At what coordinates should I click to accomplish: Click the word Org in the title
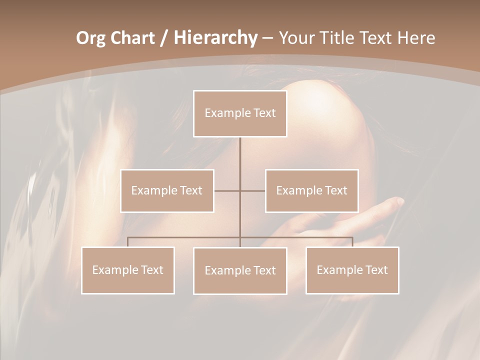90,38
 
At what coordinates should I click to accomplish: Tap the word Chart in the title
130,38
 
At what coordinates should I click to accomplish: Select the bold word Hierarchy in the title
215,38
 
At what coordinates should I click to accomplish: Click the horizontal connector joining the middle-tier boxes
227,190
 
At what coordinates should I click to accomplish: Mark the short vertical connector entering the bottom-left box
127,242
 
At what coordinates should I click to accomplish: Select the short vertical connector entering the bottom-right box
352,242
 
